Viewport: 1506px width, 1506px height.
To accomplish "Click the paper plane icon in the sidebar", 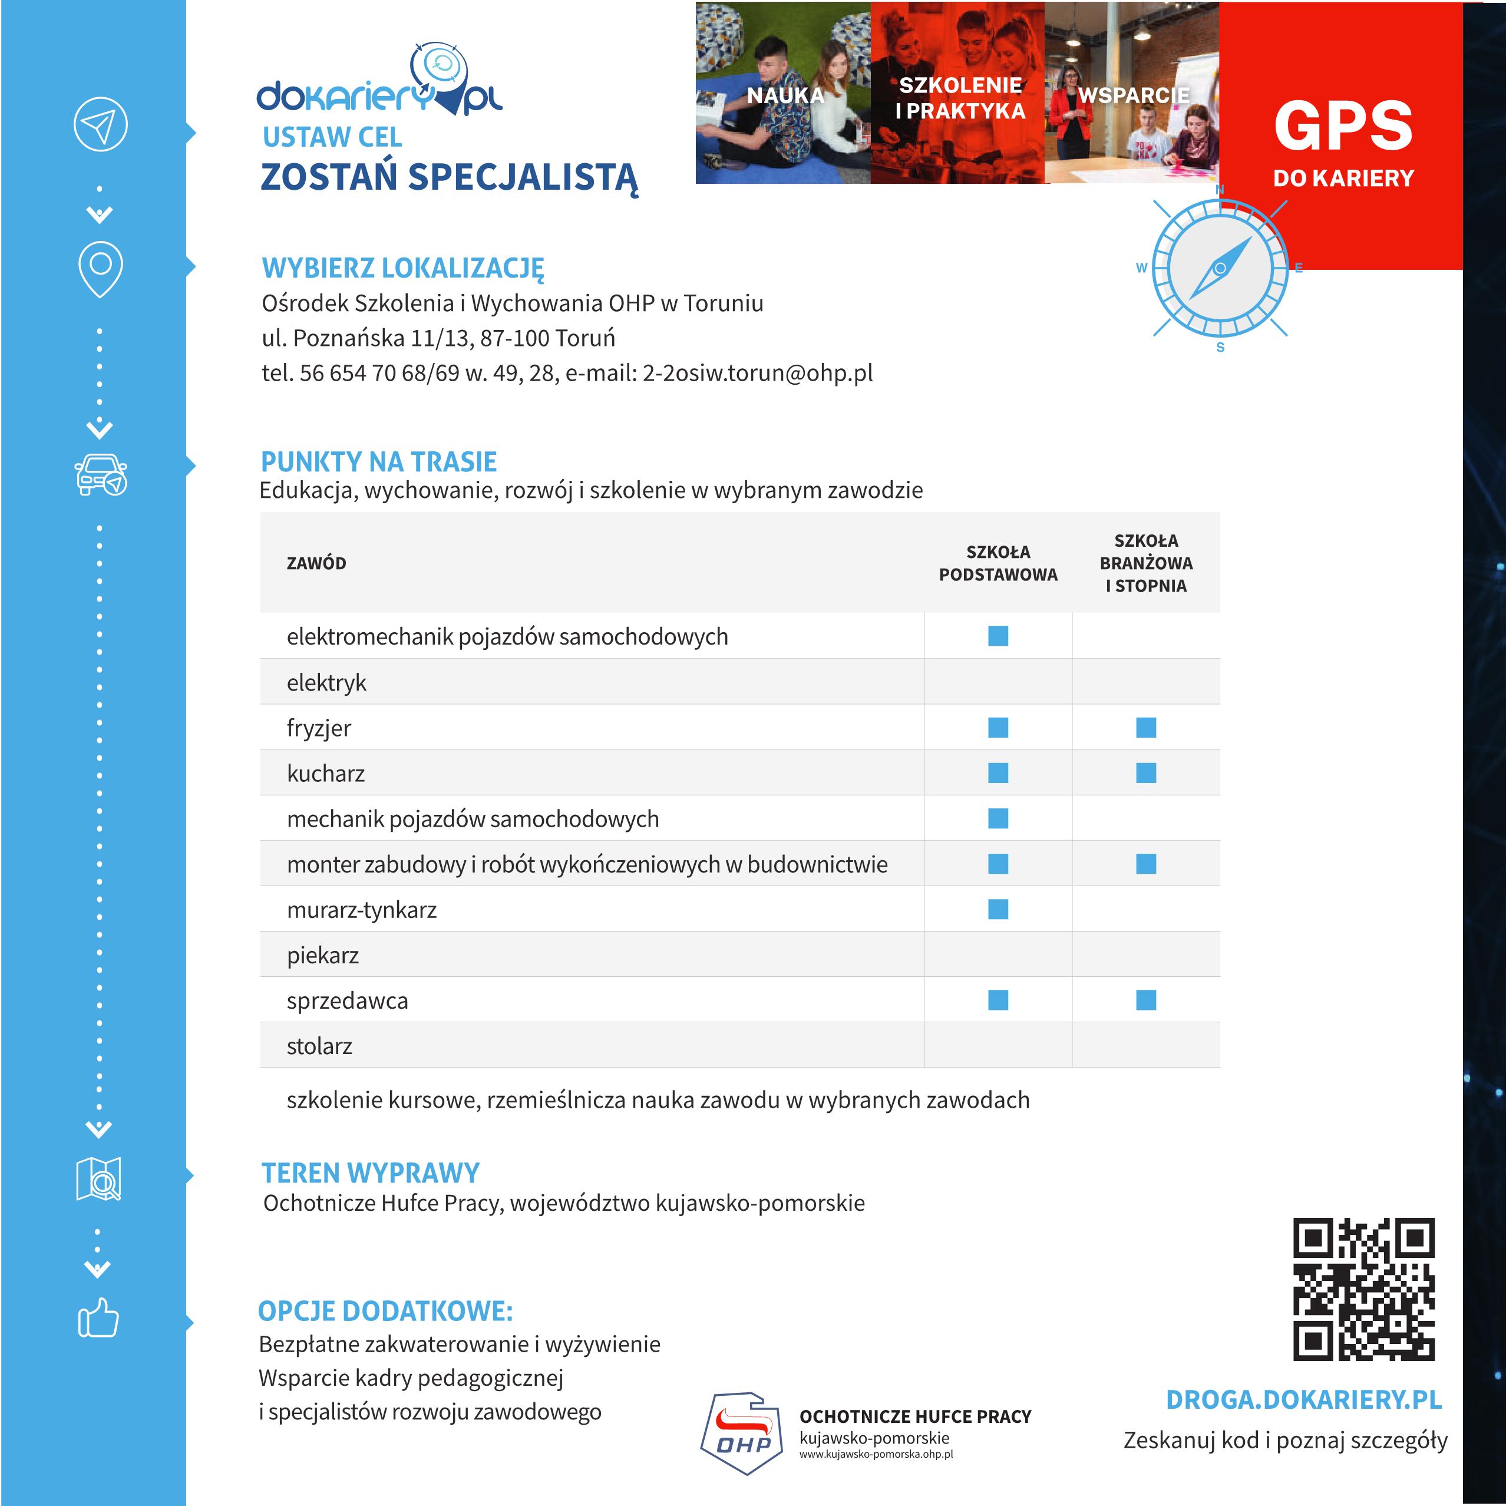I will [101, 124].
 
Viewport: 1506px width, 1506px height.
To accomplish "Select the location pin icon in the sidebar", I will [101, 269].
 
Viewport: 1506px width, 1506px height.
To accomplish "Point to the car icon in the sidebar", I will [101, 474].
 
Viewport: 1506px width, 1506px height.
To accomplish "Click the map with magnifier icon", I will [99, 1180].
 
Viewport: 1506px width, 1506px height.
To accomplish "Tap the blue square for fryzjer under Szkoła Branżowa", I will [1146, 727].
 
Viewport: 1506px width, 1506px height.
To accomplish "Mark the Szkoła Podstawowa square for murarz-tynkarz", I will [998, 909].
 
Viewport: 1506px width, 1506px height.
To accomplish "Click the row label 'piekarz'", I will [323, 955].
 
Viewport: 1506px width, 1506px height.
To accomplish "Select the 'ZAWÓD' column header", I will [316, 563].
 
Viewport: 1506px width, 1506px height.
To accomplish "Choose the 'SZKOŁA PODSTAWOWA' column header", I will [998, 563].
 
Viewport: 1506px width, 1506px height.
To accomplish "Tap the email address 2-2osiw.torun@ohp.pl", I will [757, 374].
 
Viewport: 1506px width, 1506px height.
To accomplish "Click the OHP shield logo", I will [744, 1434].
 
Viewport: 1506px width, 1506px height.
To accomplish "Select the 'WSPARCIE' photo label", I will [1134, 95].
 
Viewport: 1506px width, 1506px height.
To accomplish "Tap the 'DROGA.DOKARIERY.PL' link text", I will [1303, 1400].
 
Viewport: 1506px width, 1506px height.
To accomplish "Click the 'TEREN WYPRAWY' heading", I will [370, 1173].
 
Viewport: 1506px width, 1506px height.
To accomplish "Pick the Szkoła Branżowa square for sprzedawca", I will [1146, 1000].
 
